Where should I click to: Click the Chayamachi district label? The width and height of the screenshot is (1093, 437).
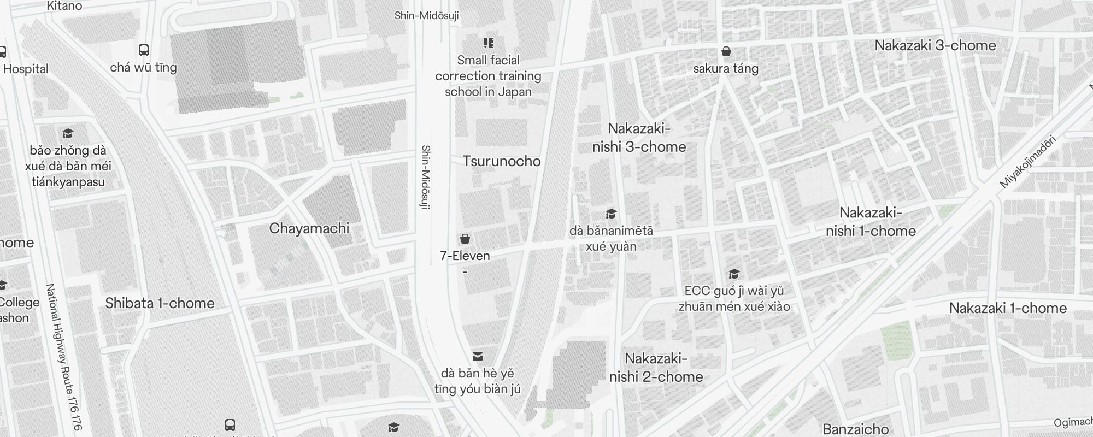click(309, 228)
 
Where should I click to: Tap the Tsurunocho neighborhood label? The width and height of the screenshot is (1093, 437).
click(501, 161)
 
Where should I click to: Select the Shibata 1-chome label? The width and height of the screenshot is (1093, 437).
click(160, 303)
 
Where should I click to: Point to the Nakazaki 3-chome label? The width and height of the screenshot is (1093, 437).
click(935, 45)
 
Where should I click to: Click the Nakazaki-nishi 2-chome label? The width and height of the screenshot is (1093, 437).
click(656, 368)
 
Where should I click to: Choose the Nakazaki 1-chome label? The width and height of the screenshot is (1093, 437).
click(1008, 308)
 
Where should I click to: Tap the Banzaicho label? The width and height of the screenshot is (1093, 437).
click(855, 429)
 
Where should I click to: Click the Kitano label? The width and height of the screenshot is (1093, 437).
click(64, 6)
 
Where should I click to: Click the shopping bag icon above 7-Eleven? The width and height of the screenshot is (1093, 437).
click(465, 239)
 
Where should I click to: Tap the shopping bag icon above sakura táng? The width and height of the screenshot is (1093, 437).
click(726, 51)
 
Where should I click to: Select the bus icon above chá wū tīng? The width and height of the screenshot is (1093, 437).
click(144, 50)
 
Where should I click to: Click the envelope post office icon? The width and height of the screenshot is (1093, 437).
click(478, 357)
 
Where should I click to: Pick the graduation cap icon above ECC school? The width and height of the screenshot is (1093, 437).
click(734, 274)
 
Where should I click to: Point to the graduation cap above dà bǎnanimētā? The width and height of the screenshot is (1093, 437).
click(611, 214)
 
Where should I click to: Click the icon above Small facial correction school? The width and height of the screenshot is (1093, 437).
click(488, 43)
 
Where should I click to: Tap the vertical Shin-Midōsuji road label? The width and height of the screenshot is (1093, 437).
click(426, 177)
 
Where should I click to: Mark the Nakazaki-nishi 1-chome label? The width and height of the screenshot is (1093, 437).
click(871, 222)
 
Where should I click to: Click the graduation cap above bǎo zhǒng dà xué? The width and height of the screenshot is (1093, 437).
click(68, 133)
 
